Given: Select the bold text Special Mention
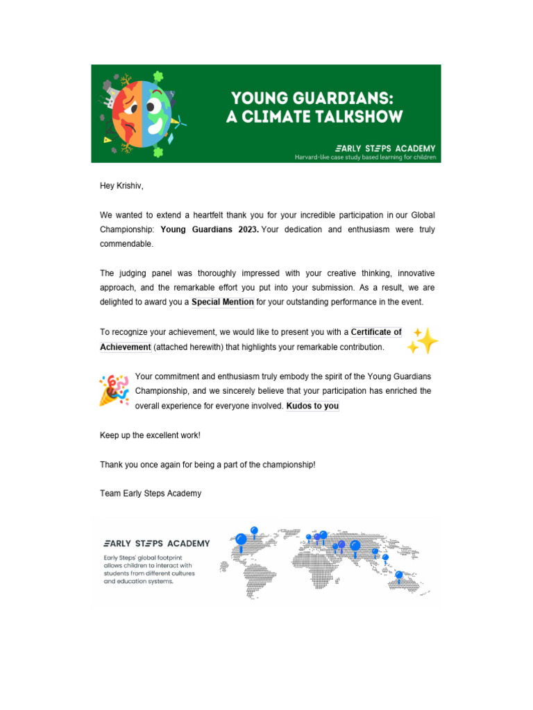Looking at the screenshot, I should (x=223, y=302).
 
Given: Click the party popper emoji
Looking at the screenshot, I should (x=113, y=390).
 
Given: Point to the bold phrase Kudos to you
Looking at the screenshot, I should (x=312, y=406).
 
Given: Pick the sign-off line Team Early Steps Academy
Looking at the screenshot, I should (x=151, y=494).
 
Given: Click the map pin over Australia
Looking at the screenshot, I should (x=398, y=575).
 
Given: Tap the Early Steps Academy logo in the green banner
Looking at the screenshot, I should (x=385, y=148).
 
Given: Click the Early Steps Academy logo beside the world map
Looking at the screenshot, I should (x=156, y=543).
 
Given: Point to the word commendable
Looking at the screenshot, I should (x=126, y=245).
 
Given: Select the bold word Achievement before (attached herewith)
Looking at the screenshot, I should (x=126, y=347).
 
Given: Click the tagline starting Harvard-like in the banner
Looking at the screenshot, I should (x=366, y=157).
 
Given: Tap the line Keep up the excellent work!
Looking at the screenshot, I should (x=150, y=435).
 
